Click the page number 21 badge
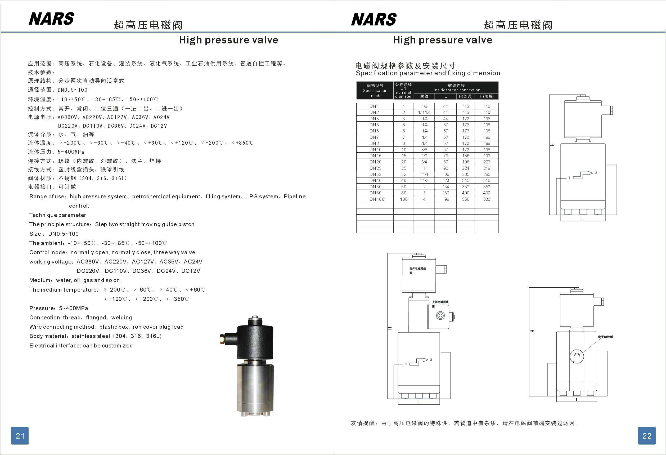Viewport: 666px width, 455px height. [20, 435]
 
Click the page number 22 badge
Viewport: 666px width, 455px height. [647, 435]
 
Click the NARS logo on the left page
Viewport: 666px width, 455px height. [52, 19]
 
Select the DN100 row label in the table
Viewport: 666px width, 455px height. [377, 199]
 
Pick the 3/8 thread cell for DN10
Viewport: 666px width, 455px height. [424, 150]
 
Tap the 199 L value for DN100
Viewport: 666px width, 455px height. [445, 199]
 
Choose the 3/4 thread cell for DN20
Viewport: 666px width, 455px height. [424, 162]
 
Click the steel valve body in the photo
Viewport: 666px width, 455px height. [255, 387]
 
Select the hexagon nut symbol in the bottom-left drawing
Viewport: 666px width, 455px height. [440, 316]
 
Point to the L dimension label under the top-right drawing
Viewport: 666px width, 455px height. [582, 219]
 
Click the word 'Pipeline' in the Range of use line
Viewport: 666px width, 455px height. [295, 197]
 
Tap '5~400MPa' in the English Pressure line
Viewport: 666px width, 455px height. [73, 309]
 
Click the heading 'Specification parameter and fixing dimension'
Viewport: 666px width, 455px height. [427, 73]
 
